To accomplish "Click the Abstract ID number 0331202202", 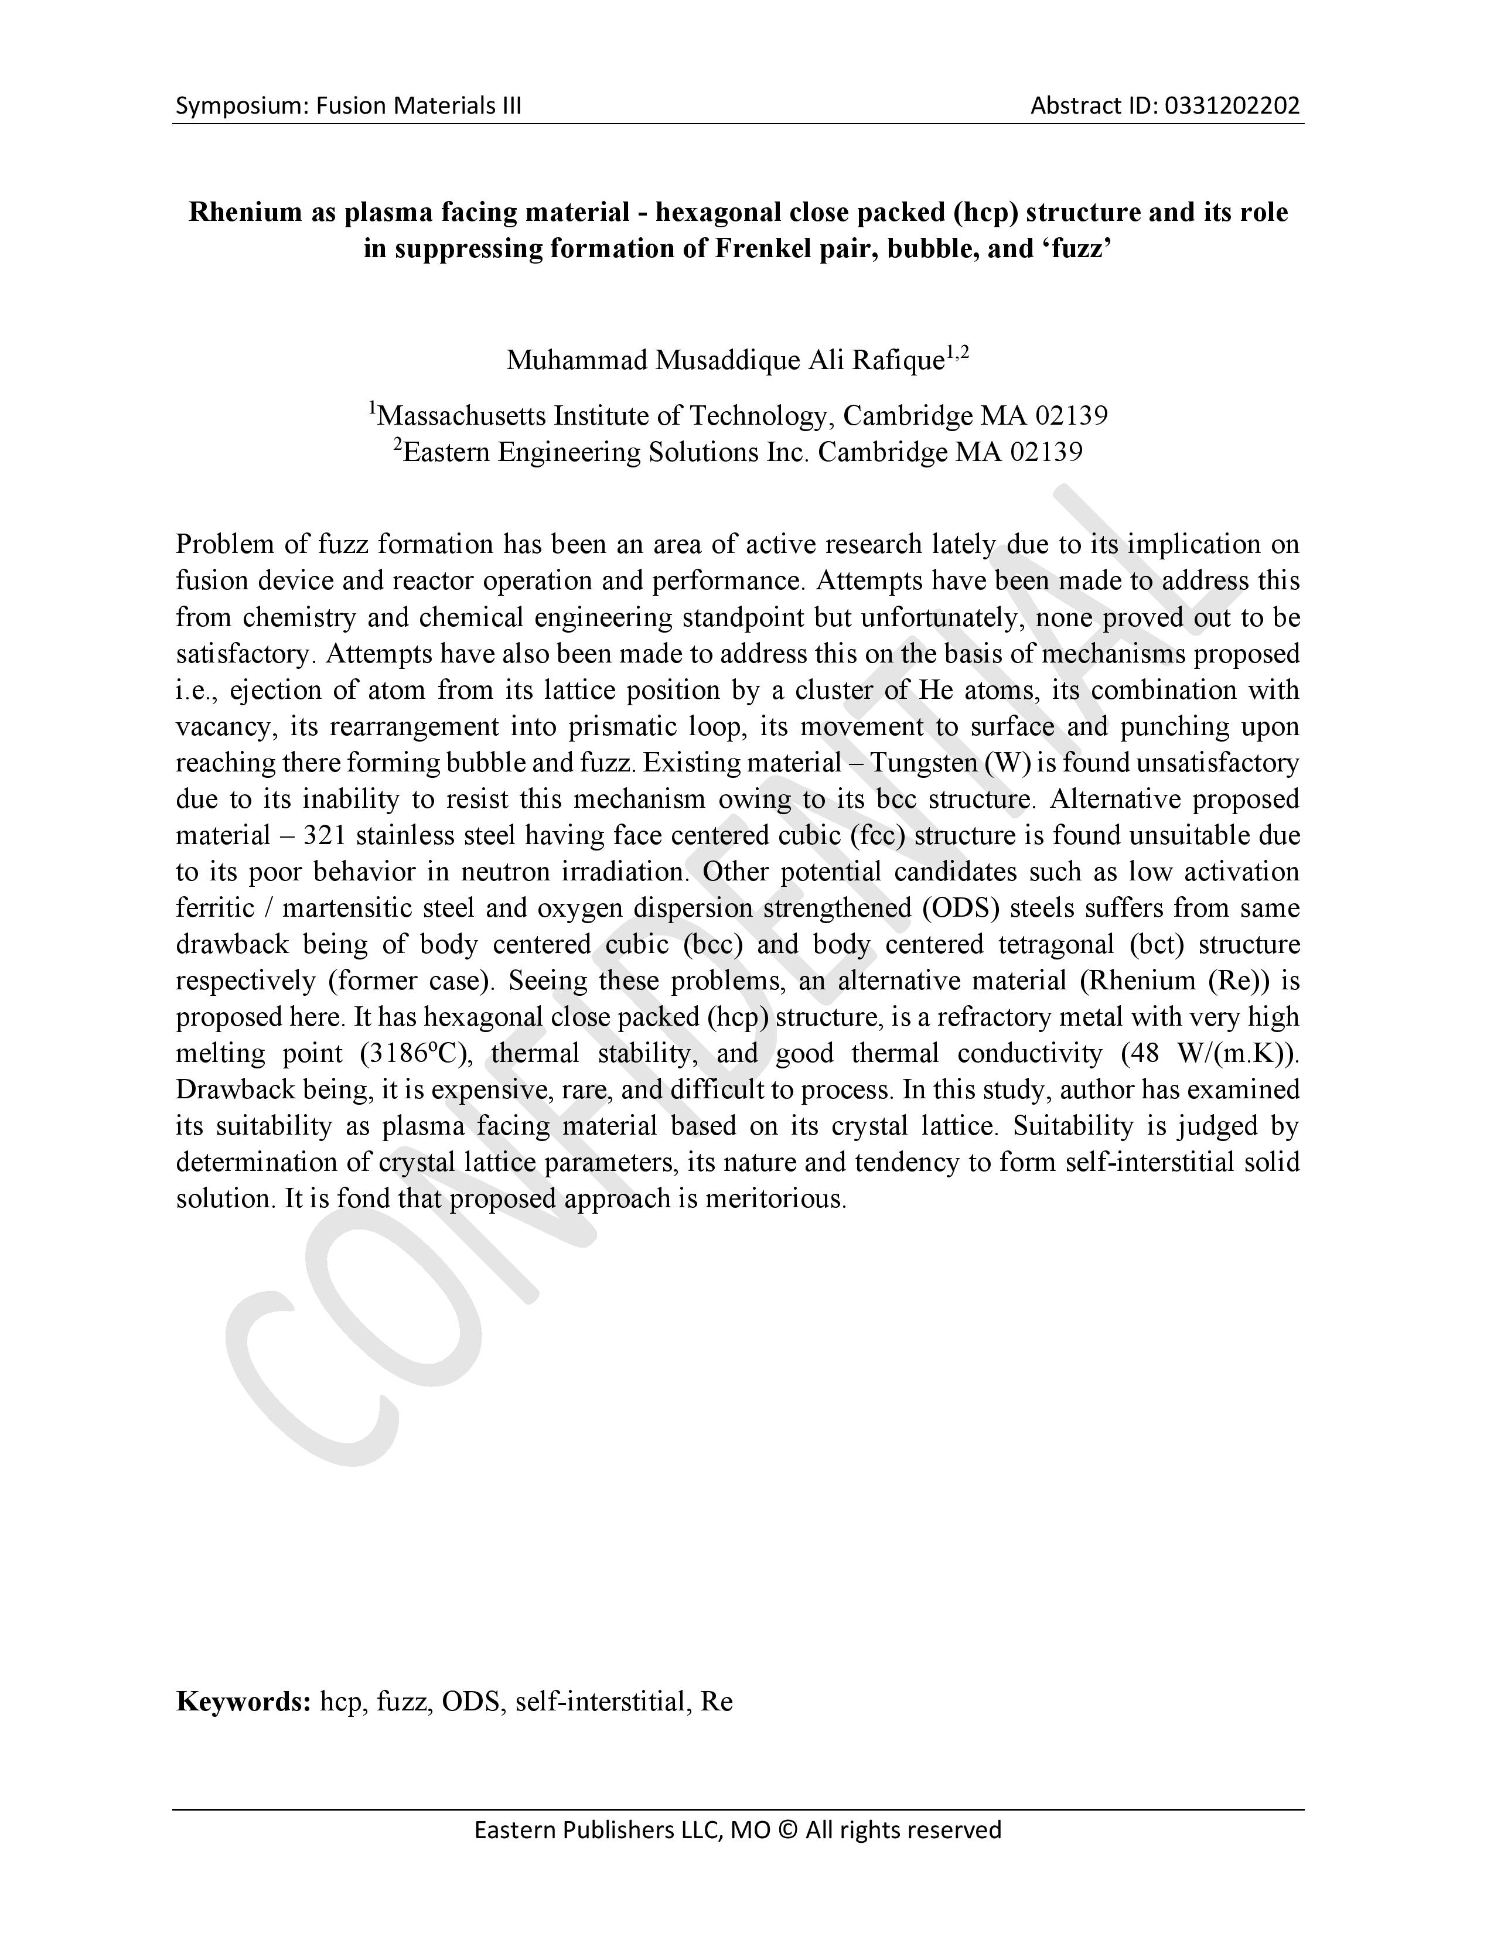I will coord(1232,106).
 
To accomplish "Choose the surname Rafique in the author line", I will coord(898,360).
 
